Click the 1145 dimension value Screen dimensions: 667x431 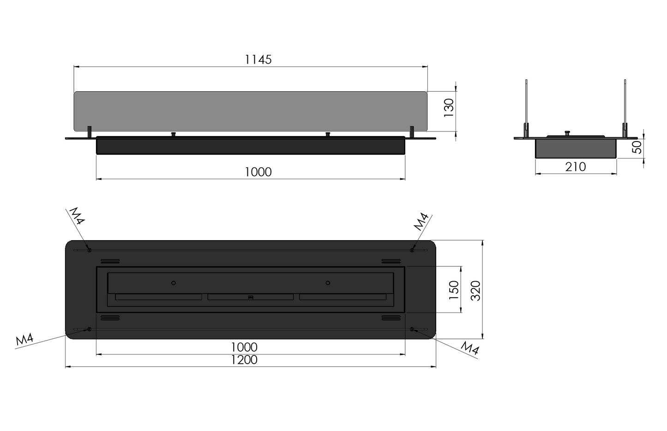[x=258, y=59]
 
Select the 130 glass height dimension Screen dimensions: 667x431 [x=449, y=108]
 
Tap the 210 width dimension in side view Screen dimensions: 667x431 [x=575, y=167]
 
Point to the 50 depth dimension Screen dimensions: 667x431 [x=637, y=147]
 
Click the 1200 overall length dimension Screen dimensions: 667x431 [x=244, y=360]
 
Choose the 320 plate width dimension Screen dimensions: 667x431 [x=475, y=290]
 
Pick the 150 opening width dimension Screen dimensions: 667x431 [x=454, y=290]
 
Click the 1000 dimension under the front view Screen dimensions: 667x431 [x=258, y=172]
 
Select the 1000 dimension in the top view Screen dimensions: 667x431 [x=244, y=347]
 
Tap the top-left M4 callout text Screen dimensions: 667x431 [x=77, y=216]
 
